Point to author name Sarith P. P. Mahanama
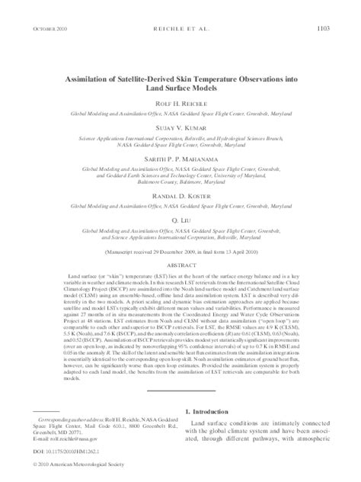point(180,159)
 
